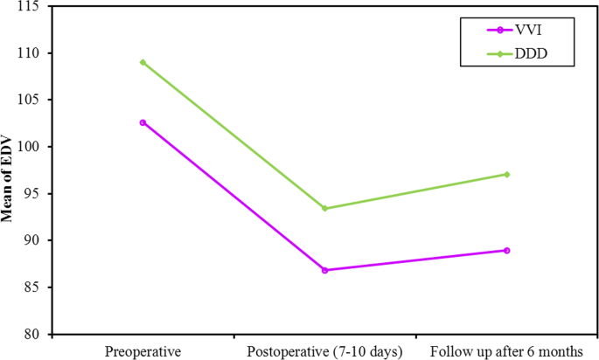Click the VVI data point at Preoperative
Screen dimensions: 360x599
click(x=143, y=122)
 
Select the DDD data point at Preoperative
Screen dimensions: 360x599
click(x=143, y=62)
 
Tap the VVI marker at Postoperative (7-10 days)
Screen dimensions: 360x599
click(x=324, y=270)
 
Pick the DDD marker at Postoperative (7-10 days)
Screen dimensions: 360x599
click(x=324, y=208)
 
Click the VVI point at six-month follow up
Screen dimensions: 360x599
click(x=506, y=250)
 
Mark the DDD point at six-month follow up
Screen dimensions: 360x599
click(x=506, y=174)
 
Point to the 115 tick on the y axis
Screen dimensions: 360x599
click(x=33, y=7)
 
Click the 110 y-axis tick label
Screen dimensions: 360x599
click(x=33, y=53)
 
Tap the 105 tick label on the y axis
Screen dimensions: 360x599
click(x=33, y=100)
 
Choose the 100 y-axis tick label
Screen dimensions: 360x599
click(x=33, y=147)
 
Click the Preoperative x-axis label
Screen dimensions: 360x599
click(x=143, y=351)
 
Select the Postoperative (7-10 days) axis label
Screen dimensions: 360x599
click(x=324, y=351)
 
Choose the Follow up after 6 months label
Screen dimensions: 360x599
click(x=506, y=351)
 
